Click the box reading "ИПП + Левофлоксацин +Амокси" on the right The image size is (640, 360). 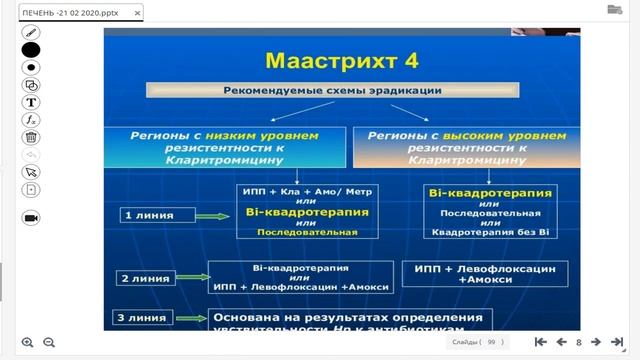pos(484,274)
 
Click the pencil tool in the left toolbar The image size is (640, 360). pos(31,31)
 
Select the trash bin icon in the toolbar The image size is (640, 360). pos(31,137)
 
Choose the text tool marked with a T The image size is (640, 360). pos(31,102)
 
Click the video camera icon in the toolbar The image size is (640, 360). pos(31,217)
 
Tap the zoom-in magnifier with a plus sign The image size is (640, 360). pos(27,342)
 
